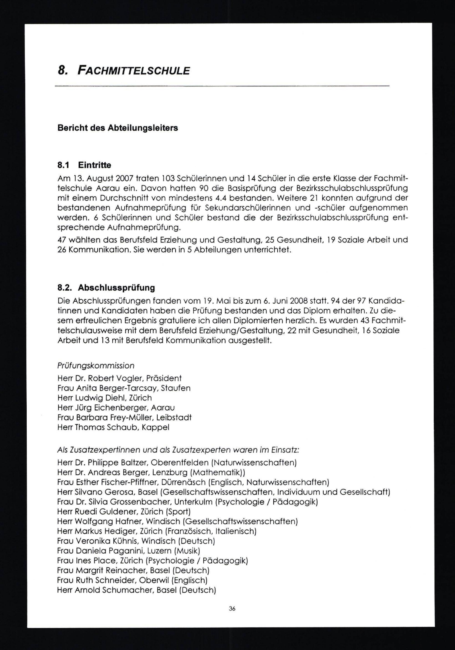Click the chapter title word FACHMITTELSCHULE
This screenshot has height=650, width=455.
133,71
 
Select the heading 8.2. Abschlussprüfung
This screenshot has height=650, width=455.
106,288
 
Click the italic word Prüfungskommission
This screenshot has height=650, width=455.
96,366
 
